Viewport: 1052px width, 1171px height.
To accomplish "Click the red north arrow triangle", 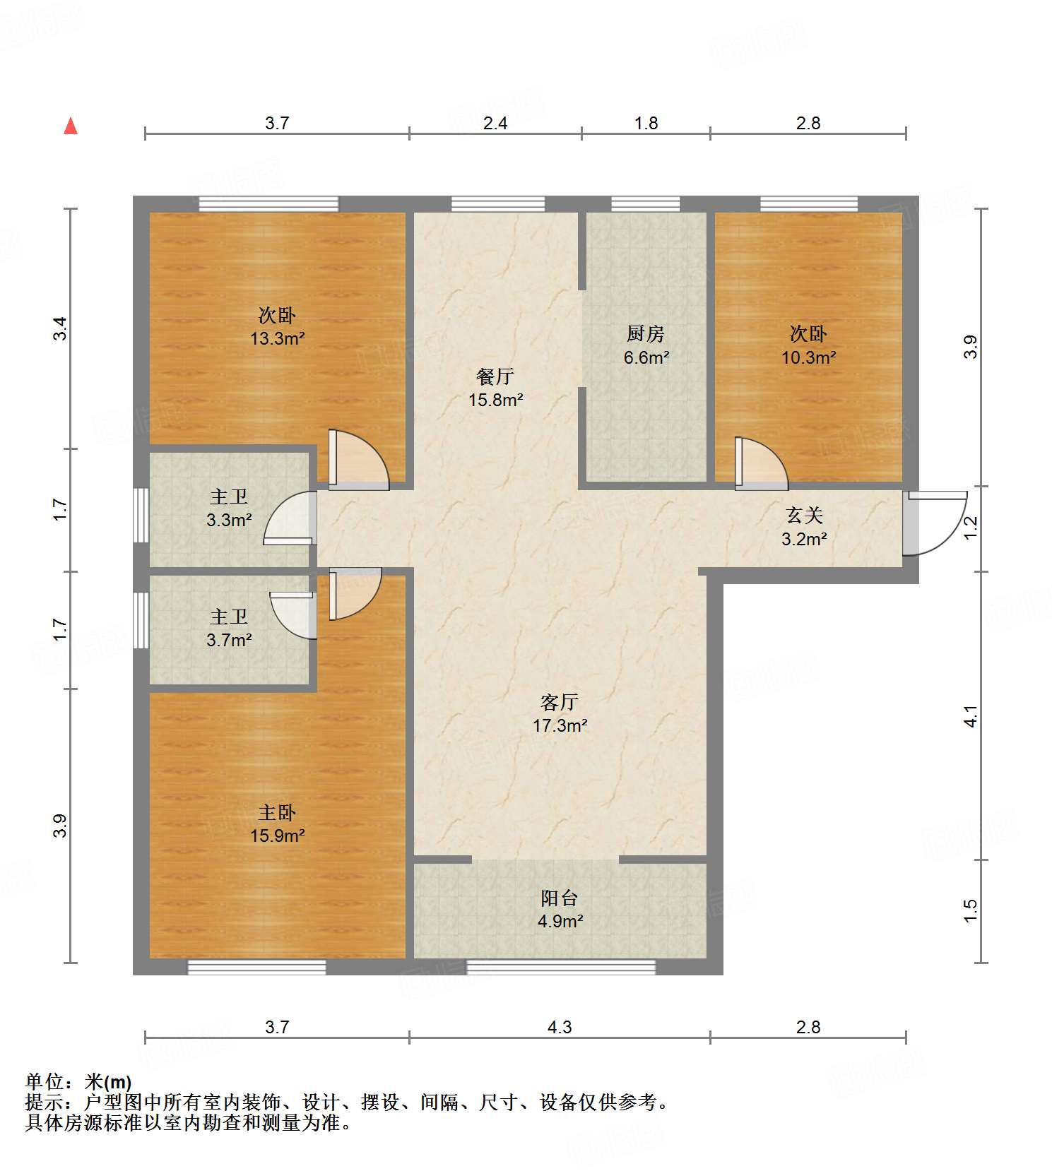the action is (71, 126).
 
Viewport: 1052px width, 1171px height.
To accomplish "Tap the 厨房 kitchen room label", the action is (646, 333).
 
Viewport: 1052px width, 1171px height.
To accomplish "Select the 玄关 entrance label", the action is (805, 515).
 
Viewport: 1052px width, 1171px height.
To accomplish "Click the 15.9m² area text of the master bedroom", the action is (277, 836).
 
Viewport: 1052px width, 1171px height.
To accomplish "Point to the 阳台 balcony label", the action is (560, 898).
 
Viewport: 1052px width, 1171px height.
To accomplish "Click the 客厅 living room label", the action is (560, 701).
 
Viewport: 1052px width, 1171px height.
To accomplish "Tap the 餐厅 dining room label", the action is (495, 376).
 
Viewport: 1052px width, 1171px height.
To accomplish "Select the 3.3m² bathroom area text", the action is (229, 521).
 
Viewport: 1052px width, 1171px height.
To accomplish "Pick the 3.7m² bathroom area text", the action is (229, 641).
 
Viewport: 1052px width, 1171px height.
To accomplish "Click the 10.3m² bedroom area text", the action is (808, 357).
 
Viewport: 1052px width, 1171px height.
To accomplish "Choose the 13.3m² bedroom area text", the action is (277, 338).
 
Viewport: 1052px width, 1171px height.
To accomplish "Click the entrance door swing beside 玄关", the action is (935, 523).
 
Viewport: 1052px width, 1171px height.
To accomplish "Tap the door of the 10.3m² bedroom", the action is (761, 463).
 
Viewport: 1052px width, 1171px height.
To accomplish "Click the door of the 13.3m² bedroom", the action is (358, 460).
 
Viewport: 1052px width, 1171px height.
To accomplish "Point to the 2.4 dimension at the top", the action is (495, 123).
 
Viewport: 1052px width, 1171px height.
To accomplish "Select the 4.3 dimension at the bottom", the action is (560, 1027).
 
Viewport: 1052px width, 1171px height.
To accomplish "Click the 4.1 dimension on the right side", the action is (971, 716).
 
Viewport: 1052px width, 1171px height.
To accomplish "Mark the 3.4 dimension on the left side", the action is (61, 328).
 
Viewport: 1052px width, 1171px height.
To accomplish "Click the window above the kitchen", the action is (646, 204).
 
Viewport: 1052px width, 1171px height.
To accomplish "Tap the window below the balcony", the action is (561, 967).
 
